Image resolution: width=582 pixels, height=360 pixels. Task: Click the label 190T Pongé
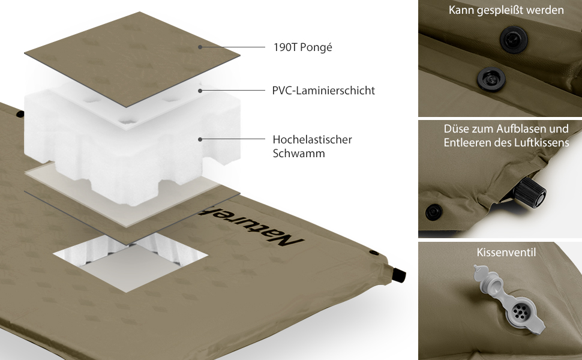(x=302, y=47)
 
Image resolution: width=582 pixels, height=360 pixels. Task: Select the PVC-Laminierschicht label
(x=323, y=91)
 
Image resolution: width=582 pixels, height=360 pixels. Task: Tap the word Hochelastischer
(x=312, y=140)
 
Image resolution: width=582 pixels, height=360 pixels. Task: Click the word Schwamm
(x=299, y=153)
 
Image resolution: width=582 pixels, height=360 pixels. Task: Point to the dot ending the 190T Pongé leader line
(x=200, y=47)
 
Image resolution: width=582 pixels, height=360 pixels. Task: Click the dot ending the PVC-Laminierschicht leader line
(x=200, y=91)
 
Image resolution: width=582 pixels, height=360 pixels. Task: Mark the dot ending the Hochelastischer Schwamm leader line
(x=200, y=140)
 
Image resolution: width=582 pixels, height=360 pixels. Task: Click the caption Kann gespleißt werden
(x=506, y=10)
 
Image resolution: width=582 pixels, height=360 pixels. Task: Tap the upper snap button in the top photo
(x=514, y=39)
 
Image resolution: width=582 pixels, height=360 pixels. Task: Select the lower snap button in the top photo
(x=491, y=79)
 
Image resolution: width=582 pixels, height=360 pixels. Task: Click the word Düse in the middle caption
(x=457, y=129)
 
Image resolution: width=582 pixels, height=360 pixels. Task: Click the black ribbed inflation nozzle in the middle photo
(x=530, y=192)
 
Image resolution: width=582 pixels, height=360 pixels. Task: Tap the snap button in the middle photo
(x=434, y=212)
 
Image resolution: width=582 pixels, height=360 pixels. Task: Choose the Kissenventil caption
(x=506, y=253)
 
